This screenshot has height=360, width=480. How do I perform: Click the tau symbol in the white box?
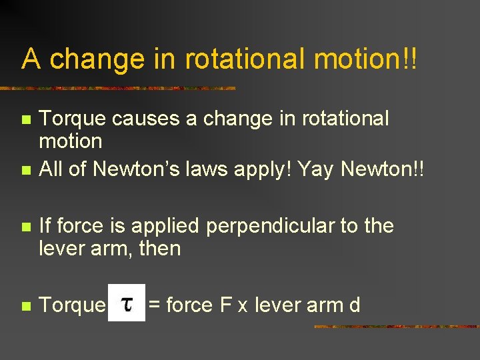click(127, 304)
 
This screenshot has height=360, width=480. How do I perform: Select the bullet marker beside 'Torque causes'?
click(26, 121)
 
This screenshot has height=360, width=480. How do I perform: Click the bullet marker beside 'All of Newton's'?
click(26, 170)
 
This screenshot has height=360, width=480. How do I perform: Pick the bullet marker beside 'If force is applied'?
click(26, 227)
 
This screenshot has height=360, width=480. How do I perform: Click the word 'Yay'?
click(317, 169)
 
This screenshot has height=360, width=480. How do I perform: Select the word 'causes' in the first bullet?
click(138, 119)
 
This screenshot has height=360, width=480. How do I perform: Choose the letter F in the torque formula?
click(226, 305)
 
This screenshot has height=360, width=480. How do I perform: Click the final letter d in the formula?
click(355, 305)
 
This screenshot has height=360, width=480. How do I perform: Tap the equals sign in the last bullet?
click(154, 306)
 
